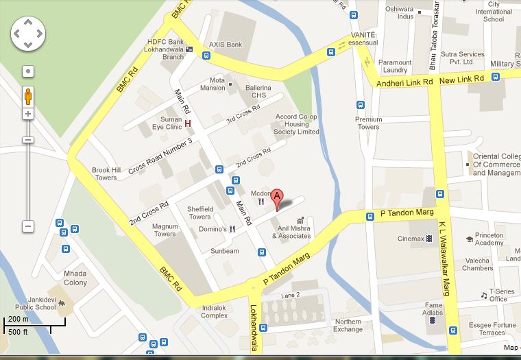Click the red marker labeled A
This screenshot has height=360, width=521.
[277, 197]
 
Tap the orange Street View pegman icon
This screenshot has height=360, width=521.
[28, 95]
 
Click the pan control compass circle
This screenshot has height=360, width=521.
[28, 34]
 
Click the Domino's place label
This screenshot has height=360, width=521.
[213, 229]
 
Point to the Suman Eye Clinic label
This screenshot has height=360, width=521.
[167, 123]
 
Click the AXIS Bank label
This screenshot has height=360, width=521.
[226, 45]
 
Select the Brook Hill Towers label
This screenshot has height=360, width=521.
[106, 174]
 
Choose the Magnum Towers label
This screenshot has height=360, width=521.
[165, 230]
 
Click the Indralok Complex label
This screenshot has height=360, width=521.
[215, 311]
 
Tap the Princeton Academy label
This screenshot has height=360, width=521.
[489, 239]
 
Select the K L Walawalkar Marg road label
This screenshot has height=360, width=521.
[445, 254]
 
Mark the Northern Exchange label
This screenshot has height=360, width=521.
[348, 325]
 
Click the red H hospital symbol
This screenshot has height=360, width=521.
[187, 123]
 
